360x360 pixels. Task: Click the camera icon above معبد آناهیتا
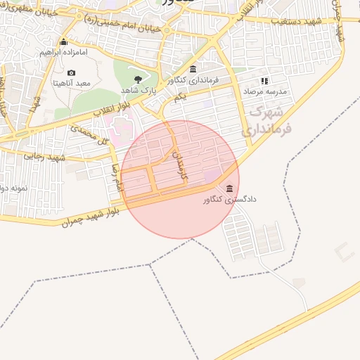(x=71, y=72)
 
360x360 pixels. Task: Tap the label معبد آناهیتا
(x=71, y=83)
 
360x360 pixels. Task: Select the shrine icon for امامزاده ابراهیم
(x=64, y=42)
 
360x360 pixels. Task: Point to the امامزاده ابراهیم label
(x=64, y=53)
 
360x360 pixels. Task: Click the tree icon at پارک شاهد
(x=138, y=80)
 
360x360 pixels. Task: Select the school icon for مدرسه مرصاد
(x=265, y=82)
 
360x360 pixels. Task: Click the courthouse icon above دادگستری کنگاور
(x=231, y=188)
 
